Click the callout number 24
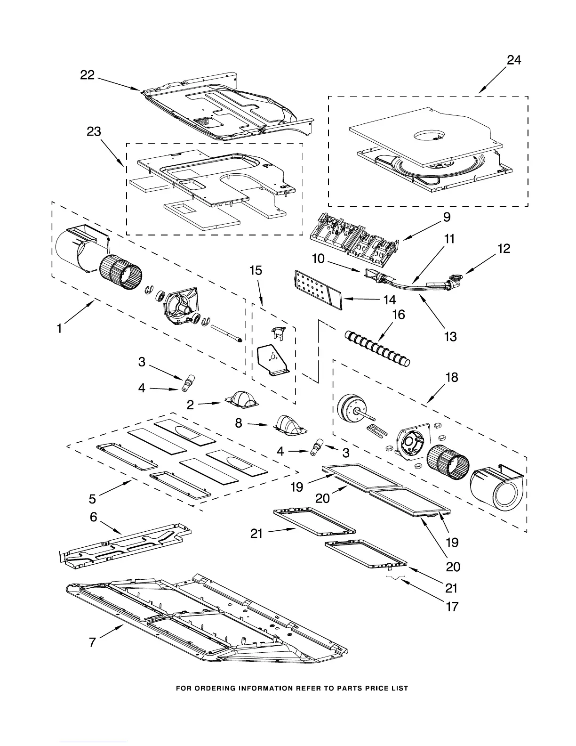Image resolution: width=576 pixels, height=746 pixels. click(513, 60)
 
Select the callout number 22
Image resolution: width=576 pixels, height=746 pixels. click(88, 75)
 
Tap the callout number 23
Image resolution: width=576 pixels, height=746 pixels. click(94, 131)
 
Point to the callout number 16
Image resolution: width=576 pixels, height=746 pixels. click(399, 314)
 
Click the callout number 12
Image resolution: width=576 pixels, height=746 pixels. click(504, 248)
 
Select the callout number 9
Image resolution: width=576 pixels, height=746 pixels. click(447, 217)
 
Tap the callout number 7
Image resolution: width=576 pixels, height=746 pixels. click(92, 641)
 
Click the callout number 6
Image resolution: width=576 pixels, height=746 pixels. click(94, 517)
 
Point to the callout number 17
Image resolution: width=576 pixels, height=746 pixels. click(452, 607)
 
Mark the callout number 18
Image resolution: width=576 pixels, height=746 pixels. click(451, 378)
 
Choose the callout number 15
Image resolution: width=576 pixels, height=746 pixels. click(256, 270)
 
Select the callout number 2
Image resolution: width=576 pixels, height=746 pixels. click(190, 405)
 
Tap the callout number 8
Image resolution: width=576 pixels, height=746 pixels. click(239, 423)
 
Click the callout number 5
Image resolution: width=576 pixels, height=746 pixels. click(92, 499)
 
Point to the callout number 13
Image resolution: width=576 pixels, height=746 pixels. click(450, 336)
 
